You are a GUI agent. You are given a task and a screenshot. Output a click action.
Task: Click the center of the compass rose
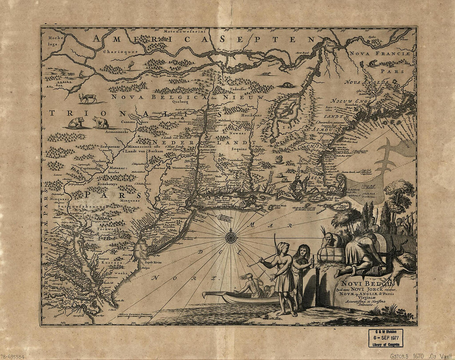tap(231, 237)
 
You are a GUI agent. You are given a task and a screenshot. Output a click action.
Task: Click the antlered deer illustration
tap(88, 98)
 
